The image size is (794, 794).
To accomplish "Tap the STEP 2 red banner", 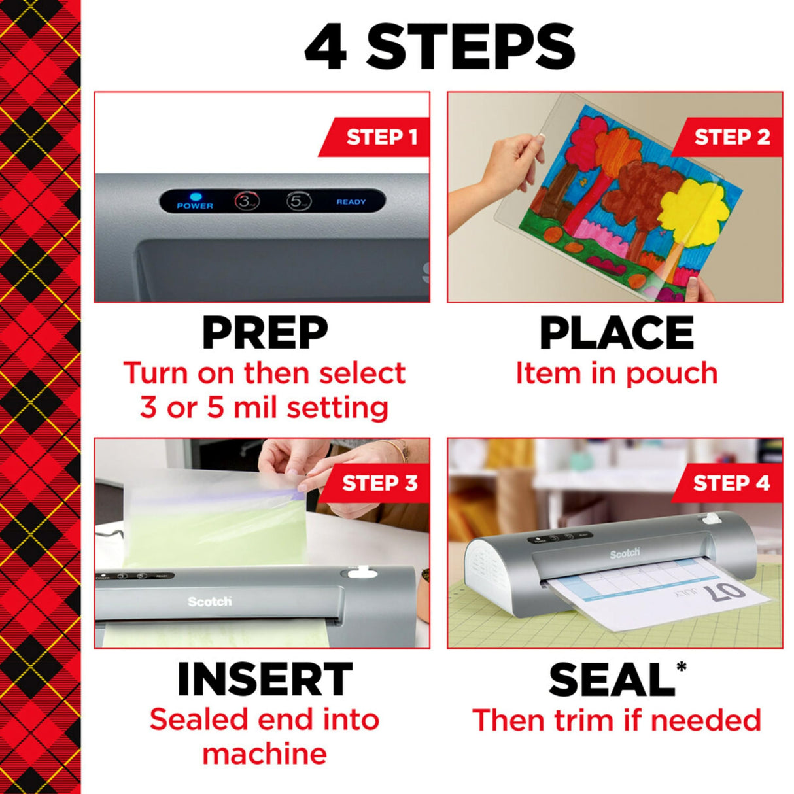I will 729,137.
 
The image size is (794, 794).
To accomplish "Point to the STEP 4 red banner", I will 729,483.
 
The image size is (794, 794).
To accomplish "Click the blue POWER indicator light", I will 194,196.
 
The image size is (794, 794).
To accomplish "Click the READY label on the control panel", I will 351,202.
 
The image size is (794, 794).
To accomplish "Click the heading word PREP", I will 264,333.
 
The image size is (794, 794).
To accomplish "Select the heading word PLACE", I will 616,333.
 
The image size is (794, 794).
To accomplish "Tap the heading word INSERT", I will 264,680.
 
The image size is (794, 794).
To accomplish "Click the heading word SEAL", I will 611,680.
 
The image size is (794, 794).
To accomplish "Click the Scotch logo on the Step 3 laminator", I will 209,601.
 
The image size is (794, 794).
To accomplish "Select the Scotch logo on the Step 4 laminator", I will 625,553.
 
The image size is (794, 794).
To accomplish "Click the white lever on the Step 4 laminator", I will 707,519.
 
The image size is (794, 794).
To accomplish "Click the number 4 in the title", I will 325,47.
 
